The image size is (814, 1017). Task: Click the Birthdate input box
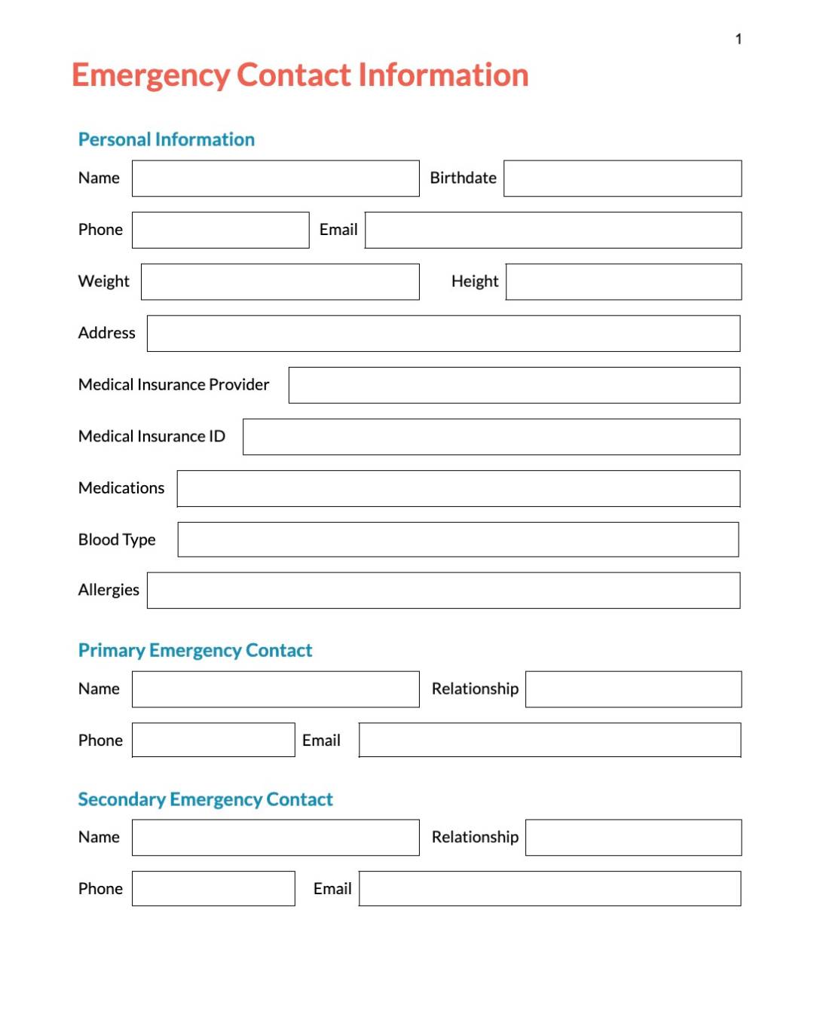623,179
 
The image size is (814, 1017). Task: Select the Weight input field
280,282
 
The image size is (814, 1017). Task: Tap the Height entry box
623,282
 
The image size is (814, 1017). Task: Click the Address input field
443,334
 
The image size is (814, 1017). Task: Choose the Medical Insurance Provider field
514,385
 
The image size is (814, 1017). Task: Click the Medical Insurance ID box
491,437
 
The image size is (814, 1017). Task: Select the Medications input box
458,489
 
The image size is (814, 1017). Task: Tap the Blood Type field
458,539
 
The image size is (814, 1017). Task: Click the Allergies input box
443,591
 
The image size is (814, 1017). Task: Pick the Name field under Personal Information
275,179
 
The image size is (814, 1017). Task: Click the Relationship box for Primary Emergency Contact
633,689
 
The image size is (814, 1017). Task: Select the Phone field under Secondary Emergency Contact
213,889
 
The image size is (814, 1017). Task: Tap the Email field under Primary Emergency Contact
549,741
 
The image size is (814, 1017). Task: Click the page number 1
739,39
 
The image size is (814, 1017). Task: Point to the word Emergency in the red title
151,75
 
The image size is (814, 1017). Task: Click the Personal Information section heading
167,139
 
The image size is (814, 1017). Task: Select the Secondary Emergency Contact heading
205,799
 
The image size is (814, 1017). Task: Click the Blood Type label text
117,539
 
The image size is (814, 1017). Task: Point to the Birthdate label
463,178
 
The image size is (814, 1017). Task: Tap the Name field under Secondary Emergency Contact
275,838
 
